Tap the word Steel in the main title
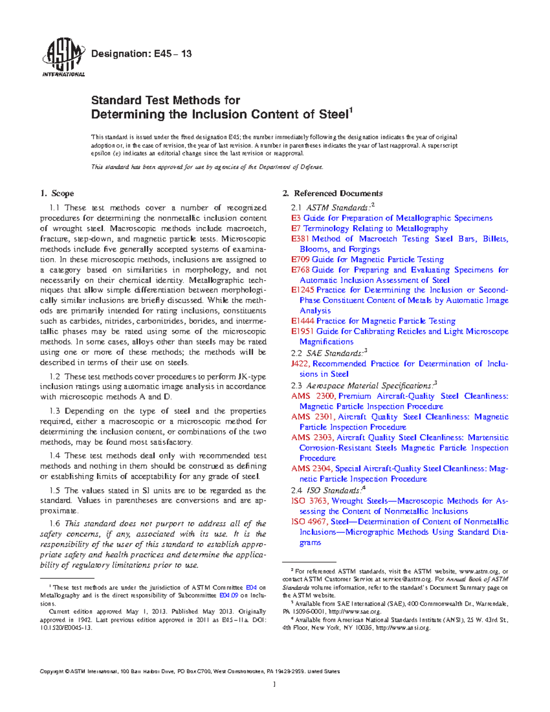pyautogui.click(x=333, y=114)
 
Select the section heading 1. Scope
pyautogui.click(x=57, y=193)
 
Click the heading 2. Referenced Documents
pyautogui.click(x=332, y=193)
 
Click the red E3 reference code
pyautogui.click(x=296, y=218)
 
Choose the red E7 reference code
pyautogui.click(x=296, y=228)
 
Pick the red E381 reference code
pyautogui.click(x=300, y=239)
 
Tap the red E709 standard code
pyautogui.click(x=300, y=259)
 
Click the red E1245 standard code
pyautogui.click(x=302, y=290)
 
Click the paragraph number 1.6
pyautogui.click(x=55, y=524)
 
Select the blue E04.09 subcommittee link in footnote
pyautogui.click(x=228, y=596)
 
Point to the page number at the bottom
pyautogui.click(x=274, y=684)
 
